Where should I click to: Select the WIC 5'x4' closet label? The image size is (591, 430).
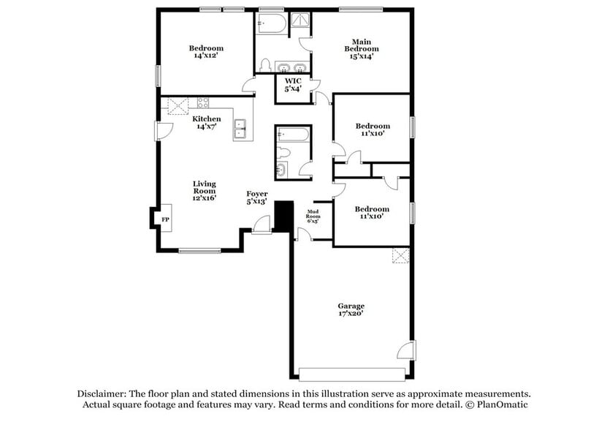click(293, 84)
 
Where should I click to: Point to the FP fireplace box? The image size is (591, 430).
click(165, 219)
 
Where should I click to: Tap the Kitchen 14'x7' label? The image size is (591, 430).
click(206, 122)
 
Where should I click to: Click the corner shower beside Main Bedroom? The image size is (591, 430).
click(301, 23)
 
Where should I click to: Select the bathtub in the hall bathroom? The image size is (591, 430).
click(293, 136)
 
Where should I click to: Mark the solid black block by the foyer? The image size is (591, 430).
click(283, 216)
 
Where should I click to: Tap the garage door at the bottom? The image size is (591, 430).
click(353, 374)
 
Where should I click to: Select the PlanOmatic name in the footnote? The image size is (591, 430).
click(499, 404)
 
